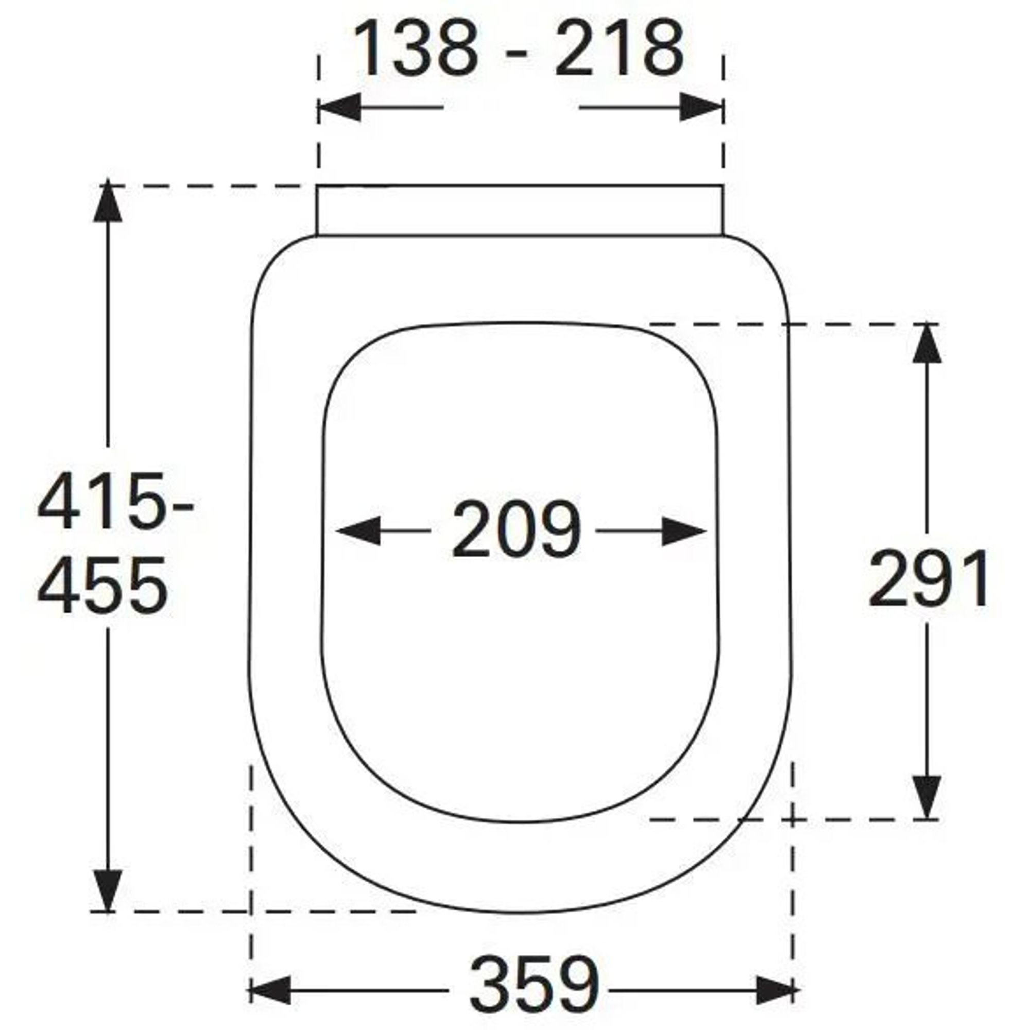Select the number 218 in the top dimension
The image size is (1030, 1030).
(x=619, y=49)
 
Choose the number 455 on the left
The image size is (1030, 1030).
(x=102, y=585)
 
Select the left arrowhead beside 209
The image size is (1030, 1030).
(x=358, y=530)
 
